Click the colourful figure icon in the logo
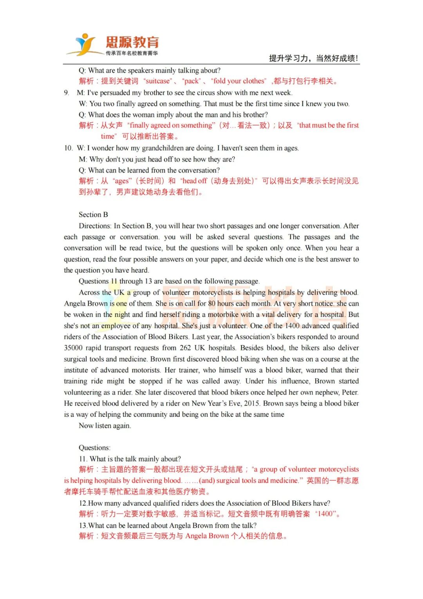coord(85,44)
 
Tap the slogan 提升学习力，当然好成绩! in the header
coord(313,58)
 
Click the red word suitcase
coord(158,81)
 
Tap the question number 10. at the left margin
coord(69,148)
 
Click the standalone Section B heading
coord(93,215)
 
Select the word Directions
coord(95,226)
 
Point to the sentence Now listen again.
coord(105,426)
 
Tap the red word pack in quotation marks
coord(192,81)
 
